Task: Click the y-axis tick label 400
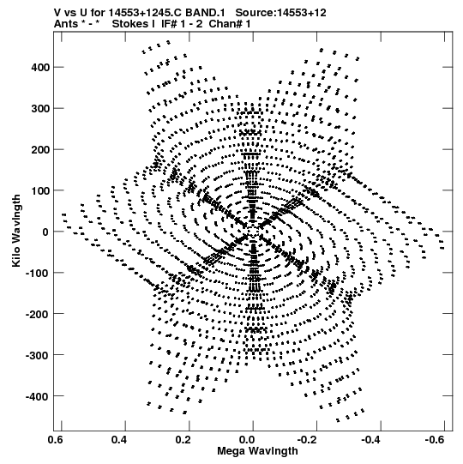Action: pos(40,68)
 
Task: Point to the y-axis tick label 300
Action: pos(40,109)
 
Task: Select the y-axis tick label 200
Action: pos(40,150)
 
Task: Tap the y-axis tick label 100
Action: pos(40,191)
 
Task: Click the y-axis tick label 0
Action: pos(45,232)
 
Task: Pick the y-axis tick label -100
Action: pos(38,273)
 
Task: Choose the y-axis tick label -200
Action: pos(38,314)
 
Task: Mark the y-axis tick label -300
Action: pos(38,355)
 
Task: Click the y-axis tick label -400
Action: pos(38,396)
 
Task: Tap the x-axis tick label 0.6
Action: pos(56,440)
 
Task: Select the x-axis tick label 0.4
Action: pos(119,440)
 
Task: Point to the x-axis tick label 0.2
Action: pos(183,440)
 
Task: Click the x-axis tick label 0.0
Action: pos(247,440)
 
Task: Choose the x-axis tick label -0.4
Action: pos(373,440)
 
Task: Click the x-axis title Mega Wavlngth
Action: pos(257,451)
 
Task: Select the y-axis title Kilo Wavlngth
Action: pos(16,231)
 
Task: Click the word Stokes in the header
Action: pos(130,24)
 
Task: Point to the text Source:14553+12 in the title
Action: pos(280,13)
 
